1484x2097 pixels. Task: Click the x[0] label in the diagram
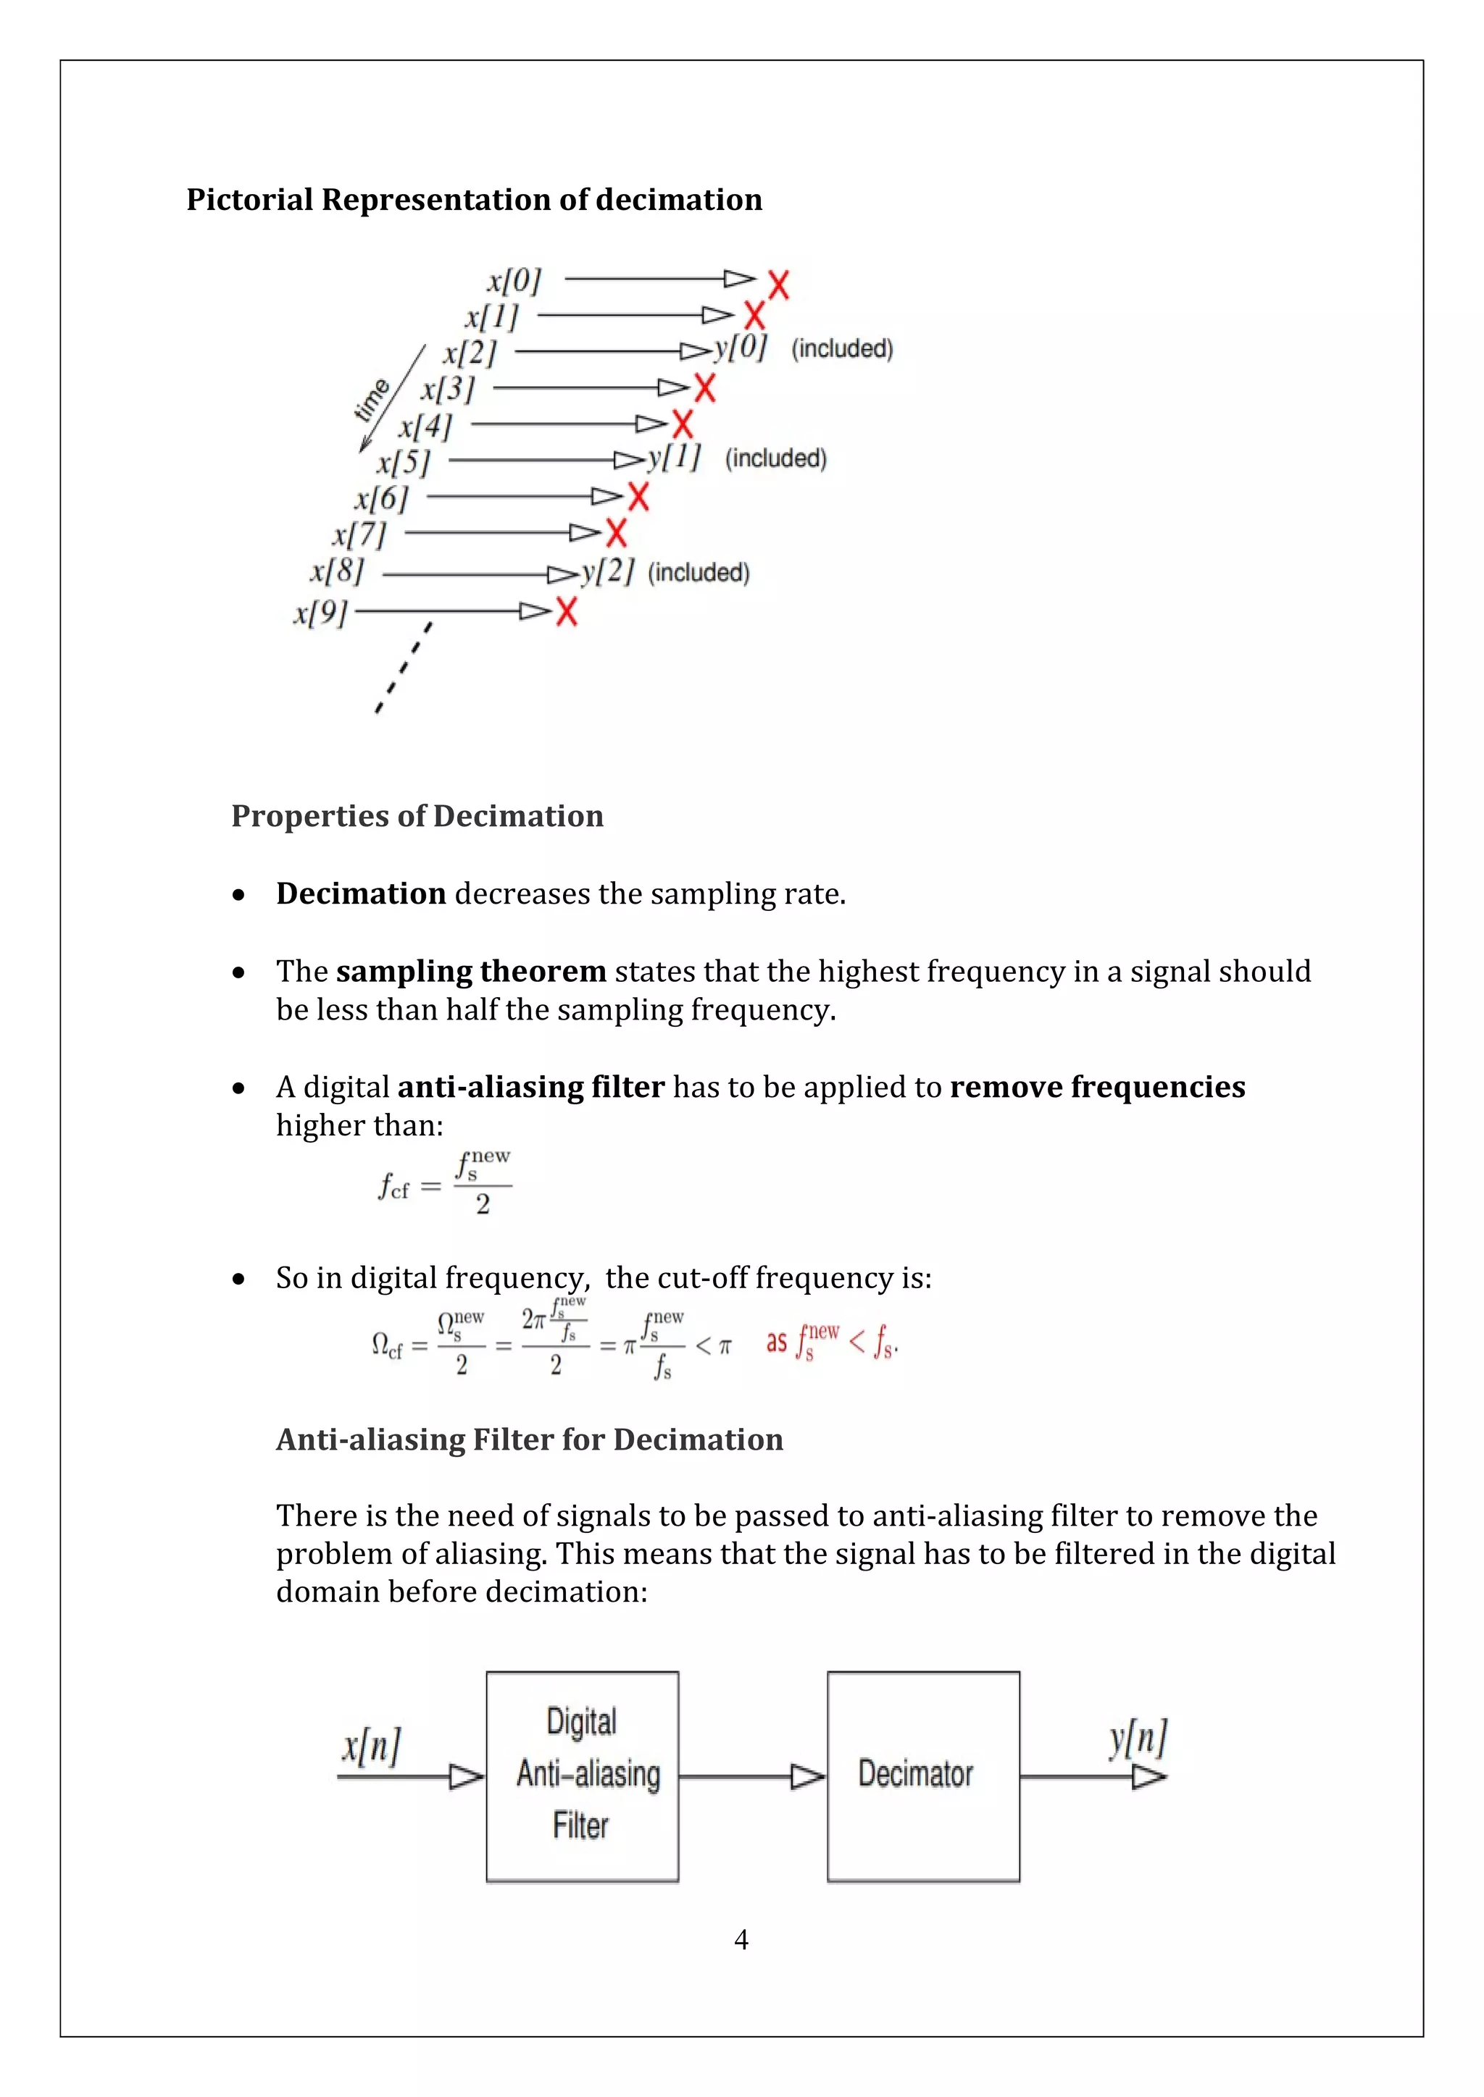click(514, 280)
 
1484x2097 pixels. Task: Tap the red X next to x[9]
click(567, 611)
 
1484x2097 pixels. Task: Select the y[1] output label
click(673, 457)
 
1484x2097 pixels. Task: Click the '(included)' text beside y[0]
click(841, 349)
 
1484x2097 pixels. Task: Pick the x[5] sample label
click(403, 462)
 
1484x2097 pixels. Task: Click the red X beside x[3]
click(704, 388)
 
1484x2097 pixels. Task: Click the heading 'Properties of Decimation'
click(417, 815)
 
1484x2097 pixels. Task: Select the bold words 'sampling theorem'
click(470, 971)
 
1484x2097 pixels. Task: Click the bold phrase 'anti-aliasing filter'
click(531, 1087)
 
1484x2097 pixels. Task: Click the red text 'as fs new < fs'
click(832, 1342)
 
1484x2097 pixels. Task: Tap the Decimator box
click(923, 1776)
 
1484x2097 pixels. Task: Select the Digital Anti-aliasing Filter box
click(582, 1776)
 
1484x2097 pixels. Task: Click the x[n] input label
click(371, 1747)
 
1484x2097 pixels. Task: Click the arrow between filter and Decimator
click(752, 1776)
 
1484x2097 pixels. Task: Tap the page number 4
click(741, 1940)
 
